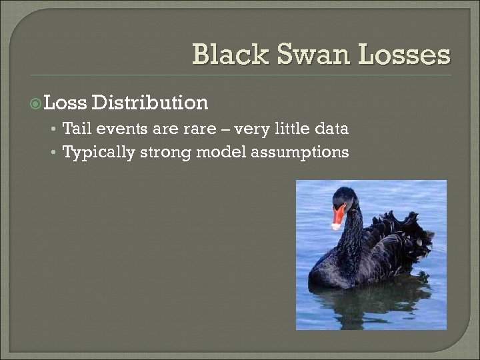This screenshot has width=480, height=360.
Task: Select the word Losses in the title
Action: pyautogui.click(x=404, y=55)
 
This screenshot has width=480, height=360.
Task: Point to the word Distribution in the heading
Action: pyautogui.click(x=150, y=103)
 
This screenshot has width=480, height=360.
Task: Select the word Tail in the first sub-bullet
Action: pyautogui.click(x=77, y=128)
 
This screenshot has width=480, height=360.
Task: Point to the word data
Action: pyautogui.click(x=331, y=128)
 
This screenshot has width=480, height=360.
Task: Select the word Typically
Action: pyautogui.click(x=98, y=153)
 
